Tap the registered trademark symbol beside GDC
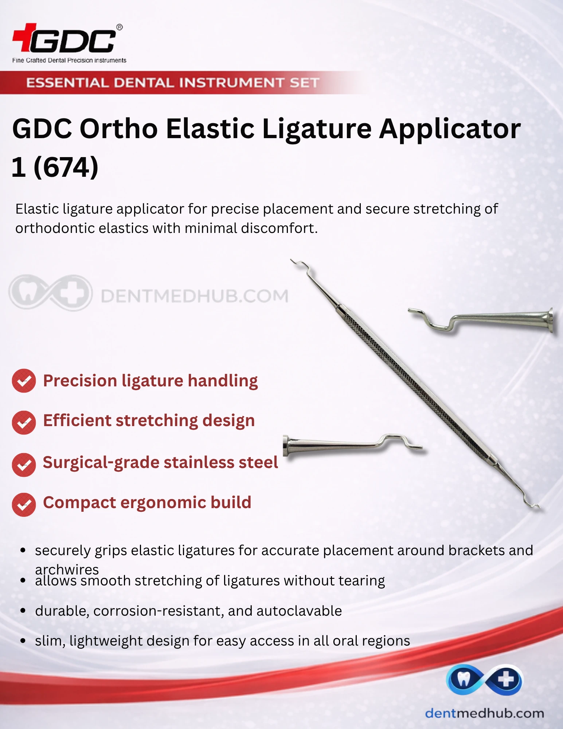point(120,27)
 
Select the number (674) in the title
point(66,167)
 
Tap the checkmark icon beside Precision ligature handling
point(24,381)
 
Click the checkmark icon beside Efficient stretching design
point(24,422)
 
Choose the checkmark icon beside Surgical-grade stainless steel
point(24,465)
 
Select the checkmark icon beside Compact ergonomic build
point(24,505)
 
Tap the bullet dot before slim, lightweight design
point(23,641)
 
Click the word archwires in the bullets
point(67,569)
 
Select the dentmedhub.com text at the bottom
point(485,713)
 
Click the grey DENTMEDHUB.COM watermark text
point(195,296)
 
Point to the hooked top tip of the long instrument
point(292,260)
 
